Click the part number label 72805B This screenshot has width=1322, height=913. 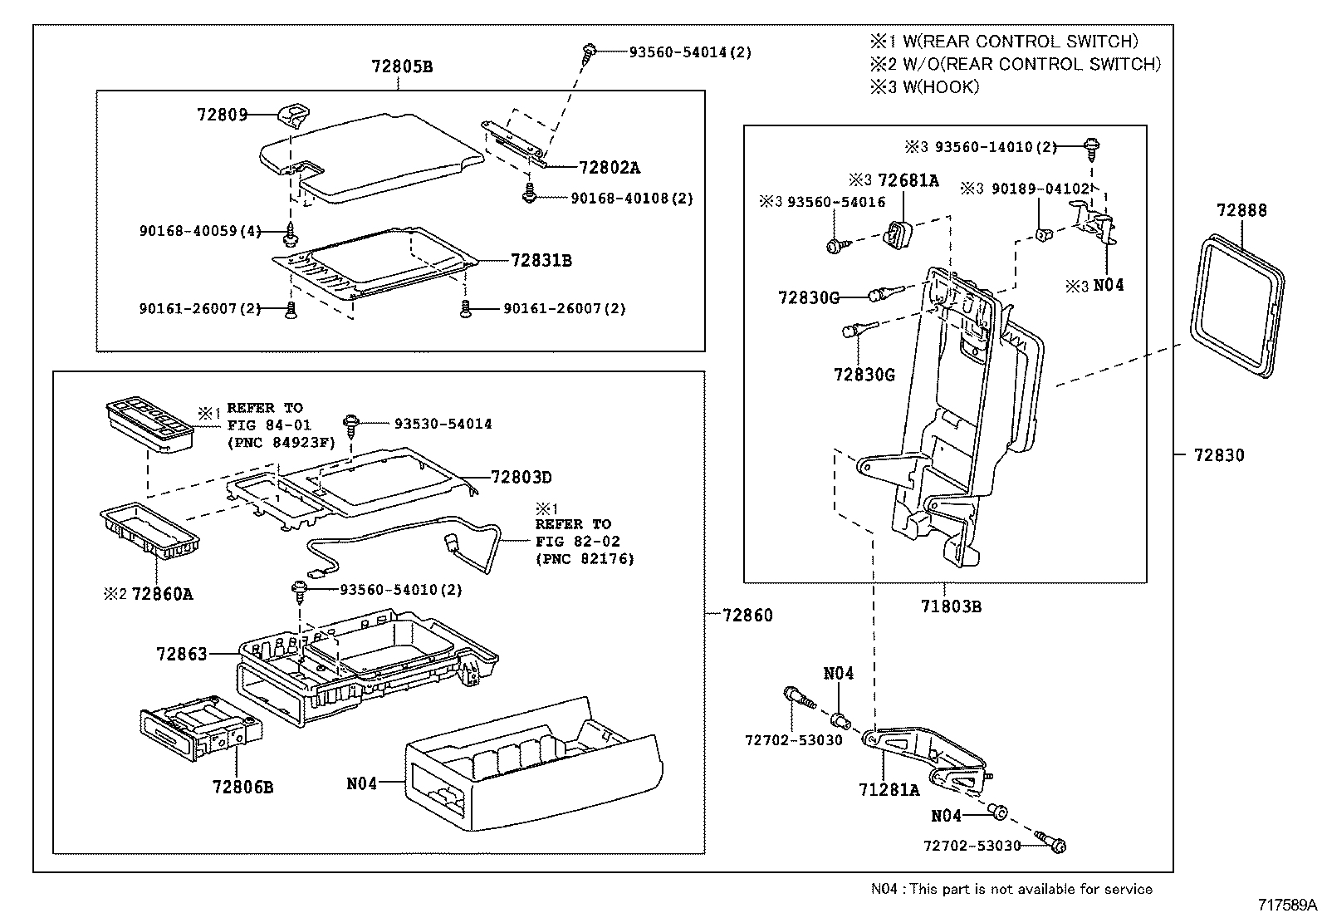(x=402, y=66)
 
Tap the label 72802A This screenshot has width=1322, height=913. (x=609, y=167)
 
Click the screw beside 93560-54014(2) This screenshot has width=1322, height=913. (x=590, y=52)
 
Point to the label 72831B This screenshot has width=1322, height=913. (x=541, y=260)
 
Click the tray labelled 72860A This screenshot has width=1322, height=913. (x=149, y=533)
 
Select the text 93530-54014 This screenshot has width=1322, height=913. (x=442, y=424)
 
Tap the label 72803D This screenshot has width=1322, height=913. (x=521, y=477)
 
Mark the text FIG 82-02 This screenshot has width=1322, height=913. (x=577, y=541)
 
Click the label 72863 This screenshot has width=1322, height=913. (x=181, y=654)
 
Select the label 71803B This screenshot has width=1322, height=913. (x=950, y=606)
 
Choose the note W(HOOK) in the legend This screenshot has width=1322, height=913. (x=923, y=87)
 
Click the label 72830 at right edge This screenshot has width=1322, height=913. (x=1219, y=454)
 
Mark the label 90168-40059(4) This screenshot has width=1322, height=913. (x=200, y=232)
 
